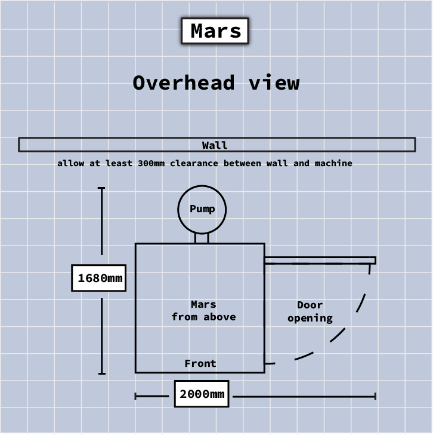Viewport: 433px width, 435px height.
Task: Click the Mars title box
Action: tap(215, 30)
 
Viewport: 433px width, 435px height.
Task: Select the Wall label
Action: tap(215, 145)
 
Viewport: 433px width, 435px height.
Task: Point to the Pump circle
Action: tap(202, 209)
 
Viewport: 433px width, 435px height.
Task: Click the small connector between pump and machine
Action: tap(202, 238)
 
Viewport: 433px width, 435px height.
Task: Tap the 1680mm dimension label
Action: tap(99, 278)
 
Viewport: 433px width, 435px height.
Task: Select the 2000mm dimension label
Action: tap(202, 394)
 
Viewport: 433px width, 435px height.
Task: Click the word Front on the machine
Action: tap(200, 363)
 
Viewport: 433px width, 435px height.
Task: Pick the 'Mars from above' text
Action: tap(203, 311)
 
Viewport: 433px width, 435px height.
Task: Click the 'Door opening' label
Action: tap(310, 312)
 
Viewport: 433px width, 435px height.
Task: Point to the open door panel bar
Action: tap(320, 260)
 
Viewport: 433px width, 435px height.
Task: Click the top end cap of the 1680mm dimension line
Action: tap(101, 188)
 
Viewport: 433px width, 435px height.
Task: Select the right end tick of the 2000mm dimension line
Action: tap(375, 396)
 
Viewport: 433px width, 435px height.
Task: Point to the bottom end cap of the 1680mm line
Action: tap(101, 373)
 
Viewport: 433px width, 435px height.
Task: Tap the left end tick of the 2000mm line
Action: tap(136, 396)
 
